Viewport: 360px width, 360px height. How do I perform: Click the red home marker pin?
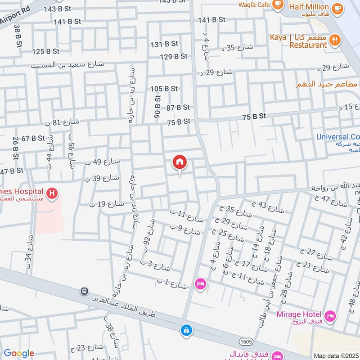pyautogui.click(x=180, y=162)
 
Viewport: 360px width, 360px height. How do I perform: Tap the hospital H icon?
pyautogui.click(x=53, y=194)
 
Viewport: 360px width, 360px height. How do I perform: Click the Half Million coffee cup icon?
pyautogui.click(x=336, y=8)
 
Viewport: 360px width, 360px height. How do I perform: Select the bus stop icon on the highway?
pyautogui.click(x=84, y=292)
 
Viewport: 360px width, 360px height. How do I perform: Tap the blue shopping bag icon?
pyautogui.click(x=185, y=330)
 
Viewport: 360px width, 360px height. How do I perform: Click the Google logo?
pyautogui.click(x=19, y=353)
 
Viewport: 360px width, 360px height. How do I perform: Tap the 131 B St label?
pyautogui.click(x=164, y=44)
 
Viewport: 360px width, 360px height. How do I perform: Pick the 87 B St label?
pyautogui.click(x=178, y=108)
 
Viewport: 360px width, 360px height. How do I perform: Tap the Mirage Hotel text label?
pyautogui.click(x=298, y=314)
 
